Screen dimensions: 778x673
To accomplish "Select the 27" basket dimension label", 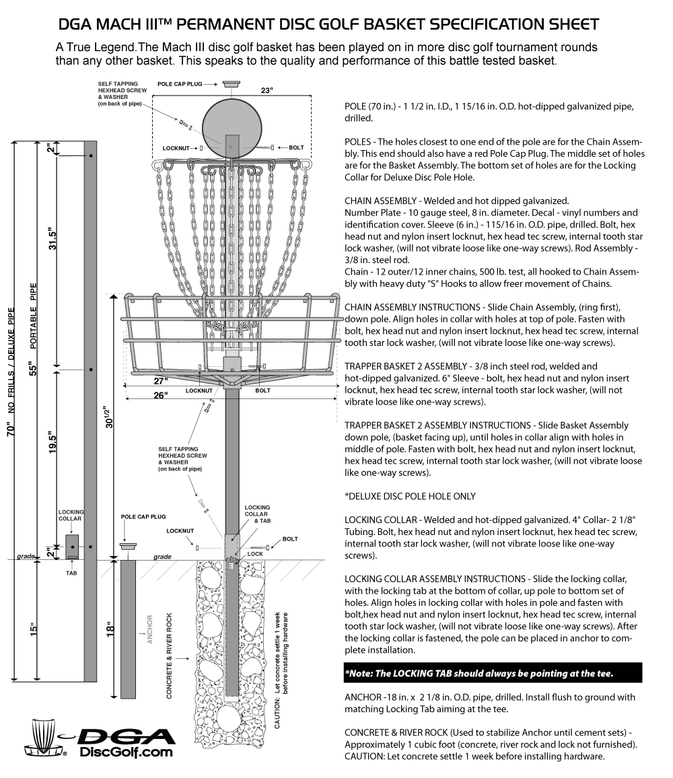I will pos(161,381).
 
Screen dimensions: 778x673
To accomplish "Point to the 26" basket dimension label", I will pos(160,396).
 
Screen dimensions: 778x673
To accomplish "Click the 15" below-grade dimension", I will pos(34,630).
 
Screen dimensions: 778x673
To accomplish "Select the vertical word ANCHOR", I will pos(149,629).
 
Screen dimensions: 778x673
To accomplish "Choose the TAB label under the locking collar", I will pos(71,574).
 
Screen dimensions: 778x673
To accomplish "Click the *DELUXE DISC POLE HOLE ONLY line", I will pos(410,497).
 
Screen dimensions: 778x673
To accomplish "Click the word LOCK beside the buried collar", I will pos(255,554).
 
